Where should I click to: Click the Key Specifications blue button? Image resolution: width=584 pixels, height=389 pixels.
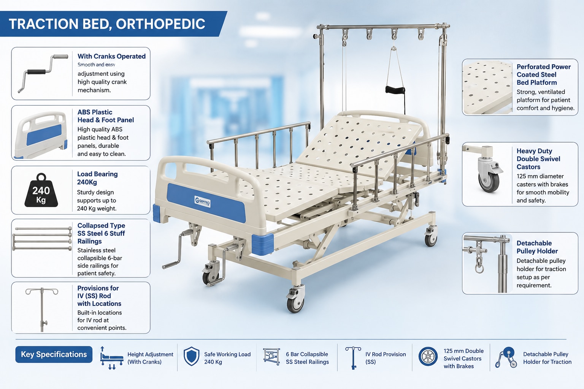pyautogui.click(x=54, y=354)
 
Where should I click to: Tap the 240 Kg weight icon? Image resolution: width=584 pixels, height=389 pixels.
pyautogui.click(x=41, y=190)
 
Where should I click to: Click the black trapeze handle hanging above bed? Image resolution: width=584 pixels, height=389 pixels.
pyautogui.click(x=395, y=90)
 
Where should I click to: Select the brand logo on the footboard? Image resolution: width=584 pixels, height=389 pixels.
pyautogui.click(x=203, y=202)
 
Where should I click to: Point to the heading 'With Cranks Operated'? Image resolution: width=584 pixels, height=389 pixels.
pyautogui.click(x=111, y=56)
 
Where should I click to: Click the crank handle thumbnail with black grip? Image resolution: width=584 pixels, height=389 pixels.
pyautogui.click(x=43, y=73)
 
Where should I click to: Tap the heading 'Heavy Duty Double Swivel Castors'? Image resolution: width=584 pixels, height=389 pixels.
pyautogui.click(x=538, y=159)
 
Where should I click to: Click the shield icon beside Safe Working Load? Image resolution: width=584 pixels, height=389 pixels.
pyautogui.click(x=191, y=356)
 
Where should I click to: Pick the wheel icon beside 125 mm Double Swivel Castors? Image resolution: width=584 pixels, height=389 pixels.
pyautogui.click(x=428, y=356)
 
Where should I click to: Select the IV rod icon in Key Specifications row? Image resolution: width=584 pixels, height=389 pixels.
pyautogui.click(x=353, y=358)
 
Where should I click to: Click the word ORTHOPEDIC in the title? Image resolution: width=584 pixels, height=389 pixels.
pyautogui.click(x=160, y=24)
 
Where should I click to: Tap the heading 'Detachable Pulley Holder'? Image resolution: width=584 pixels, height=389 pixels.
pyautogui.click(x=537, y=247)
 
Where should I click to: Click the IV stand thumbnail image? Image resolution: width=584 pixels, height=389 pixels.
pyautogui.click(x=42, y=309)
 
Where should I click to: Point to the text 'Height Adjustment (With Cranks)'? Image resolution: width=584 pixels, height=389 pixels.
pyautogui.click(x=150, y=358)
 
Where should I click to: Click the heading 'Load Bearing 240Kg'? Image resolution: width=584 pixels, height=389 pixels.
pyautogui.click(x=97, y=178)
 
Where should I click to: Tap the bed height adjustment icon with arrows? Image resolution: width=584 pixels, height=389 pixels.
pyautogui.click(x=111, y=358)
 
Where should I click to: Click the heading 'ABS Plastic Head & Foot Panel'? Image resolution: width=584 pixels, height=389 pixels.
pyautogui.click(x=106, y=116)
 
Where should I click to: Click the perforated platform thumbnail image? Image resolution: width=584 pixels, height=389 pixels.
pyautogui.click(x=487, y=87)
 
